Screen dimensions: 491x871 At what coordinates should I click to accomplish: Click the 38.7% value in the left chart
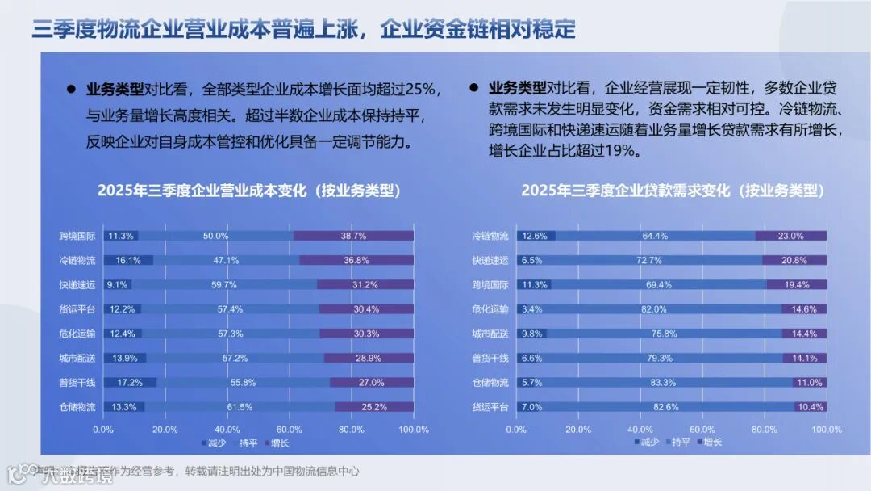pos(353,236)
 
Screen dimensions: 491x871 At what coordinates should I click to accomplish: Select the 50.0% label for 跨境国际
pos(215,236)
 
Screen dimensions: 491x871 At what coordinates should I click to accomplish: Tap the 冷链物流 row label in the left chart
pos(77,260)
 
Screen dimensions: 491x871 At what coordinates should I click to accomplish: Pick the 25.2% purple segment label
pos(374,407)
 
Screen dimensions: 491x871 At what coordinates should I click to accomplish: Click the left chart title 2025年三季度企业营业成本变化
pos(249,191)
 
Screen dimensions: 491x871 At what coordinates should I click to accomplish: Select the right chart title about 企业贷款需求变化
pos(673,191)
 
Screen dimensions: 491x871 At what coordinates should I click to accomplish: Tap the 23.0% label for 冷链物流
pos(790,236)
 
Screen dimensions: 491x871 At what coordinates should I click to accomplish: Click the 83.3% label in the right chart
pos(663,382)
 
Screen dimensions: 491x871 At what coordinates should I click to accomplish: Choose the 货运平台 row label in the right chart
pos(490,407)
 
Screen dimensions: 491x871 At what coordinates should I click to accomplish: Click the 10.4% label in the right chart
pos(809,407)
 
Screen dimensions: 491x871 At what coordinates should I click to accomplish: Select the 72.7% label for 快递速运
pos(648,260)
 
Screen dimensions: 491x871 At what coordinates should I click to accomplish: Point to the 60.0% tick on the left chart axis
pos(290,430)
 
